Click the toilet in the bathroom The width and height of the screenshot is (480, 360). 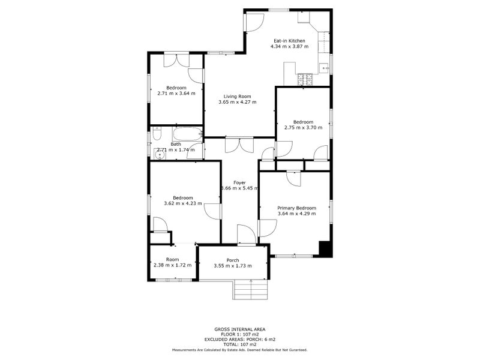(x=155, y=134)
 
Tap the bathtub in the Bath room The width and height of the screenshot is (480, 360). (x=187, y=133)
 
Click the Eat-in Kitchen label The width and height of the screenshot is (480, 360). (x=289, y=40)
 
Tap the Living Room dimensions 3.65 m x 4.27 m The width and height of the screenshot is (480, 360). (x=237, y=102)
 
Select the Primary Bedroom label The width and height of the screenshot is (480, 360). (x=296, y=208)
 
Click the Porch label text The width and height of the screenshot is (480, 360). (x=233, y=260)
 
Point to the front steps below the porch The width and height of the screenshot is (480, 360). (x=250, y=290)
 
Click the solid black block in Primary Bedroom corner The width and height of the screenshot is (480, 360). (x=325, y=249)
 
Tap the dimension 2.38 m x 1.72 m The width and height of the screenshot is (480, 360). (x=172, y=265)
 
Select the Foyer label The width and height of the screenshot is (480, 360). (x=239, y=182)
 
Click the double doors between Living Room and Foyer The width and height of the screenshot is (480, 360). (x=239, y=145)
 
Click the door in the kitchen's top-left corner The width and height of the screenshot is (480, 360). (x=253, y=22)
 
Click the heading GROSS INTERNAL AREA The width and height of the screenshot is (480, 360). (x=239, y=329)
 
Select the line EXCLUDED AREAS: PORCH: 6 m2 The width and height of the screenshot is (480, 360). (x=239, y=339)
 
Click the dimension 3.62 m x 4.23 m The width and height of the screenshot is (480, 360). (x=183, y=203)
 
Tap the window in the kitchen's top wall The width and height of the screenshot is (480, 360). (x=278, y=10)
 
